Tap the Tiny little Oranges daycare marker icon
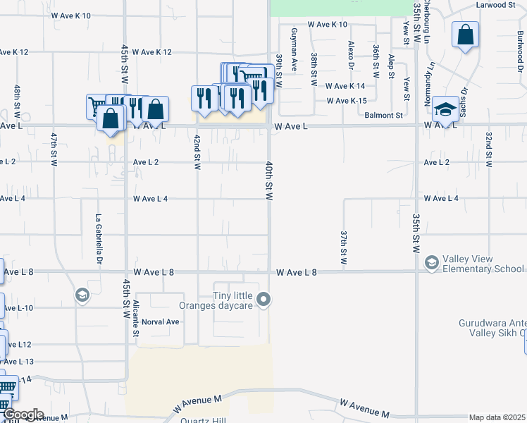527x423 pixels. click(264, 300)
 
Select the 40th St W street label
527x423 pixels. click(268, 179)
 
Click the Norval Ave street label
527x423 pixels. click(161, 321)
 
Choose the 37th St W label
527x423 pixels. click(344, 247)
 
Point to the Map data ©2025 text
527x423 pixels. click(497, 417)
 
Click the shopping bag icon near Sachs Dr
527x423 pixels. click(465, 35)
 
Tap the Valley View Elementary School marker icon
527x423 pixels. click(431, 263)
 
